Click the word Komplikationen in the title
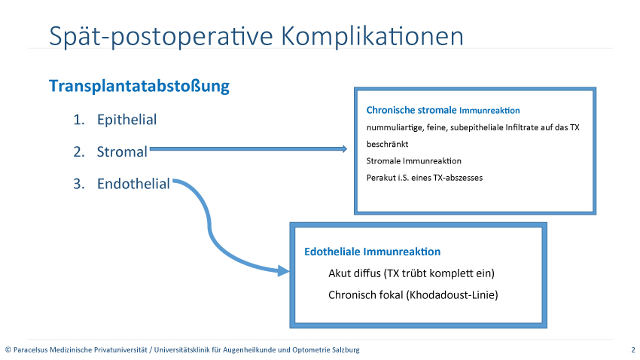tap(372, 37)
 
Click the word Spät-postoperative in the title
tap(161, 37)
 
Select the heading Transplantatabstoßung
tap(139, 86)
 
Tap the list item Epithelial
tap(127, 120)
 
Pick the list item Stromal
tap(122, 152)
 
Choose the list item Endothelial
tap(133, 184)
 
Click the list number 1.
tap(79, 120)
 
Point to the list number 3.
tap(79, 184)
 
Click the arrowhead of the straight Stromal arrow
tap(345, 149)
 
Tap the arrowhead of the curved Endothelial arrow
tap(284, 270)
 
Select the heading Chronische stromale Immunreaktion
tap(443, 110)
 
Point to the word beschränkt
tap(387, 144)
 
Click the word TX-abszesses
tap(458, 178)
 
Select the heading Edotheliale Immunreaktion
tap(373, 252)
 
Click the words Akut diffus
tap(355, 273)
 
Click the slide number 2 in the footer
tap(633, 349)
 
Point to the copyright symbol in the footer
tap(8, 349)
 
